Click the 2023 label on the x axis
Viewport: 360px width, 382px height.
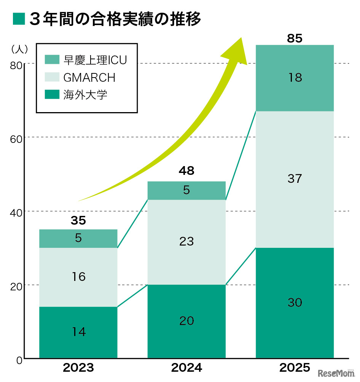78,368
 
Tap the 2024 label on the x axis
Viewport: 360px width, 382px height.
186,368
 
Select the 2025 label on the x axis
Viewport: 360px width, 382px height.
295,368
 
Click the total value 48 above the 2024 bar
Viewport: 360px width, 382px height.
186,171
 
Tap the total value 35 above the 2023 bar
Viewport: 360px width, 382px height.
78,220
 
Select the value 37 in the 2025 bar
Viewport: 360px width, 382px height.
295,179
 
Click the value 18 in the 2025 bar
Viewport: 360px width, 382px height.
295,78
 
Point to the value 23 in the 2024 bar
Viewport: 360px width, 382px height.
186,241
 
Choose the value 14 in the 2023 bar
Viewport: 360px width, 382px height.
78,332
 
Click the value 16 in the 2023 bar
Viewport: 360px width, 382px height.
78,276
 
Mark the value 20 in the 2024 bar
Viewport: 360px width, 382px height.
186,321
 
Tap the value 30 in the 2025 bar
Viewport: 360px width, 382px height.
295,303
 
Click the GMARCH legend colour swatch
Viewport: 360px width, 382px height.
52,77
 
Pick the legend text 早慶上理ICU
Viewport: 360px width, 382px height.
95,60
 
